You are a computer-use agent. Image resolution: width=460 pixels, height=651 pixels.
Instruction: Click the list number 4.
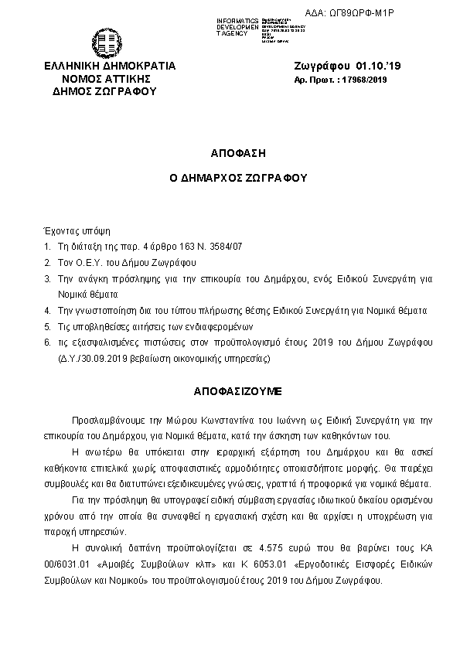[x=47, y=310]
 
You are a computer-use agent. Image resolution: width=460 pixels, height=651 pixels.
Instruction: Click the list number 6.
[x=47, y=342]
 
